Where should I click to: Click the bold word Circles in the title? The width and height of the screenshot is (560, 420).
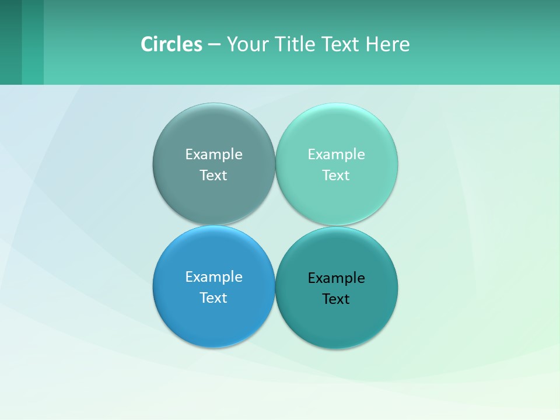click(x=171, y=44)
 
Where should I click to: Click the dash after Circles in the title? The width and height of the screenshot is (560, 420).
click(x=214, y=45)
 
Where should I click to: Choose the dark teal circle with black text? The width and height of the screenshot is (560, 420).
click(x=337, y=321)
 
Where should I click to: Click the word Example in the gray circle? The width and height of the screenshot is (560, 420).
click(x=213, y=155)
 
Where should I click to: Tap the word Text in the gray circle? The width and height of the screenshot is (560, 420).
click(x=213, y=176)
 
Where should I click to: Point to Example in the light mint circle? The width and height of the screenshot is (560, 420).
click(x=337, y=155)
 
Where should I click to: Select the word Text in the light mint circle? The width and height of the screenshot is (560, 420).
click(x=337, y=176)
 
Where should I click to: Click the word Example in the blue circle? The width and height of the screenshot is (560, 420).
click(x=213, y=277)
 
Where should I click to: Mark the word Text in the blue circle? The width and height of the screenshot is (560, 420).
click(x=213, y=298)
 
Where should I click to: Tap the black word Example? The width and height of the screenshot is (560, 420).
click(x=337, y=278)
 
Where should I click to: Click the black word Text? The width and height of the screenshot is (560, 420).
click(x=337, y=299)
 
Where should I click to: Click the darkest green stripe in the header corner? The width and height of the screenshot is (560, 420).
click(x=10, y=42)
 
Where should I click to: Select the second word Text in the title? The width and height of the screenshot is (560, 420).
click(x=341, y=44)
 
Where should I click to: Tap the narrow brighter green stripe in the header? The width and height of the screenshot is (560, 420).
click(x=33, y=42)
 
